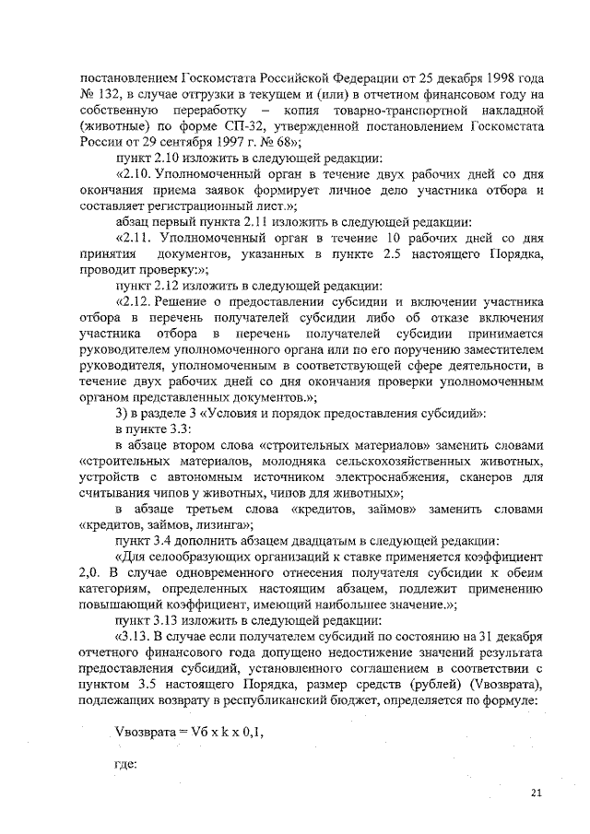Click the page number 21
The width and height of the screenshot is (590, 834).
point(537,793)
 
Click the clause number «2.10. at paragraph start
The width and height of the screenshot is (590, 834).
point(136,175)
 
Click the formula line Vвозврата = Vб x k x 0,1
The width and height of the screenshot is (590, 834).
point(174,730)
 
